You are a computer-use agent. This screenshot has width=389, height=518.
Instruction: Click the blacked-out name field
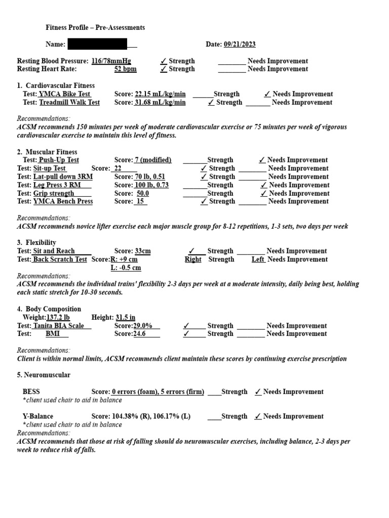(97, 45)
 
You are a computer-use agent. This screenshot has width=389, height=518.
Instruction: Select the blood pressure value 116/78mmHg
(111, 61)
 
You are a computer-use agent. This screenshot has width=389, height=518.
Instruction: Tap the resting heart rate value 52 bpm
(125, 69)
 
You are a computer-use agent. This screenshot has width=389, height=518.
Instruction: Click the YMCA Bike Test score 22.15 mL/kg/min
(160, 94)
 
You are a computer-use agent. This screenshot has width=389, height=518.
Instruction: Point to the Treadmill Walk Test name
(69, 102)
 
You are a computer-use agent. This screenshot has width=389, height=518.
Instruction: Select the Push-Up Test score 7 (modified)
(152, 160)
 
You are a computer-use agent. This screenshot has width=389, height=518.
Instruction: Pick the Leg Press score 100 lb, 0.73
(151, 185)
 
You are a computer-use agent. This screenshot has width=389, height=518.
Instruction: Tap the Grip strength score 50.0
(142, 193)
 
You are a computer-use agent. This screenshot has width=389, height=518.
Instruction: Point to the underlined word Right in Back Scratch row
(193, 260)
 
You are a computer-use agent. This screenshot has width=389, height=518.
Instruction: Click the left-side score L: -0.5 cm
(126, 268)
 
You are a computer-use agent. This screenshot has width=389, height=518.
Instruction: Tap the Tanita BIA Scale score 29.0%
(143, 326)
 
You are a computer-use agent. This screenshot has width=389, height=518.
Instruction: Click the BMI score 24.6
(139, 334)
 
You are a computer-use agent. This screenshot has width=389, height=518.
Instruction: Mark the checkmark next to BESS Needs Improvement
(258, 392)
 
